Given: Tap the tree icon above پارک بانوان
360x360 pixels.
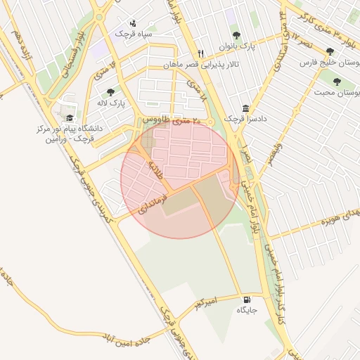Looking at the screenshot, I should [236, 34].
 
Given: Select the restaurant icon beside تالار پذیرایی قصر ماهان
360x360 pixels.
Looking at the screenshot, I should [201, 53].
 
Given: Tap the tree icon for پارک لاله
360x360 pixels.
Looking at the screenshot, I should [110, 91].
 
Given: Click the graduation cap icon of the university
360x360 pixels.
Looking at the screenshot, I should [69, 118].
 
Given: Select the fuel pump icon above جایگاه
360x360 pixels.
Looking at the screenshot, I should [245, 298].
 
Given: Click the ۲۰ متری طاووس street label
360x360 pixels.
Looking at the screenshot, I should [171, 121].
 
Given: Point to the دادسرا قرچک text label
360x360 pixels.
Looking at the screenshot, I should [241, 119].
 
